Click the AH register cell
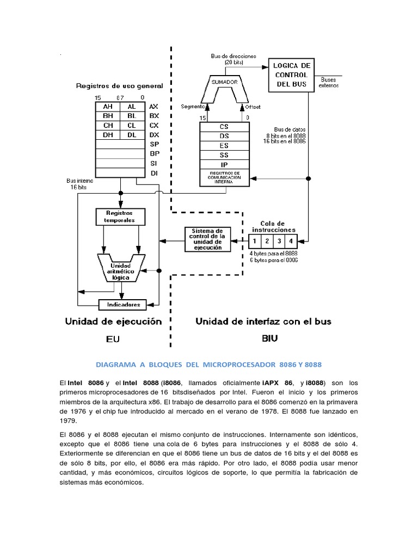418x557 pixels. click(107, 107)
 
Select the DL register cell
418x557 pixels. click(132, 134)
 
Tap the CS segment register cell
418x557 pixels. click(224, 126)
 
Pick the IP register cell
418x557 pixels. click(224, 164)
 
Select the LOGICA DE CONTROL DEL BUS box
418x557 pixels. click(291, 75)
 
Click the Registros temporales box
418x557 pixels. click(121, 216)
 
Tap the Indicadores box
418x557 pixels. click(124, 305)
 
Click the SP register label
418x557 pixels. click(154, 144)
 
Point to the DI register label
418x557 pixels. click(154, 173)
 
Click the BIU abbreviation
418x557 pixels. click(269, 338)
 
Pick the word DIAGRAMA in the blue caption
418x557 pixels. click(116, 363)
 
